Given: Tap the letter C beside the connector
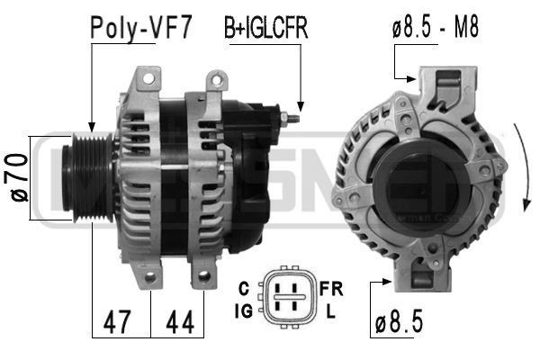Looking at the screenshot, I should [x=243, y=288].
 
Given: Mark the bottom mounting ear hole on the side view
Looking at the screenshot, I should [x=205, y=275].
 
